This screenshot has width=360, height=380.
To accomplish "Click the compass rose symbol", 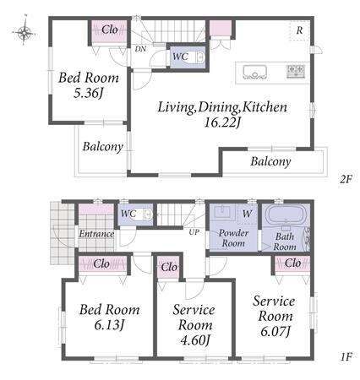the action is pyautogui.click(x=25, y=32).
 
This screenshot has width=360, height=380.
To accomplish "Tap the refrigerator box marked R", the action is pyautogui.click(x=299, y=30).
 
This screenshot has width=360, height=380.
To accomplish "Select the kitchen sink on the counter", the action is pyautogui.click(x=254, y=73).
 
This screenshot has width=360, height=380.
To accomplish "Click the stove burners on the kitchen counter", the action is pyautogui.click(x=296, y=71).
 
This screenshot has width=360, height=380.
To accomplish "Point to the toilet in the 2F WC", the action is pyautogui.click(x=199, y=57).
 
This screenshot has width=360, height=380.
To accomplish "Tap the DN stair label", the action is pyautogui.click(x=140, y=49).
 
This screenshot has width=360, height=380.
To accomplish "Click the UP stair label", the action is pyautogui.click(x=194, y=232).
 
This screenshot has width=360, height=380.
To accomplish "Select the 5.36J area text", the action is pyautogui.click(x=88, y=93).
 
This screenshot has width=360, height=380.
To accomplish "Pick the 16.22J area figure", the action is pyautogui.click(x=222, y=122).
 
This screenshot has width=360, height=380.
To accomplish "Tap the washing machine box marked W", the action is pyautogui.click(x=247, y=214).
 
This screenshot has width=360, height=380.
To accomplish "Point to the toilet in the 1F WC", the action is pyautogui.click(x=147, y=214).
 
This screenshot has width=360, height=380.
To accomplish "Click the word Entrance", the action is pyautogui.click(x=96, y=234).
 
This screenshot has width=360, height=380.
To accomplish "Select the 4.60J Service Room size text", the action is pyautogui.click(x=194, y=340).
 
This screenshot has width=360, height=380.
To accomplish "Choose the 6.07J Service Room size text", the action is pyautogui.click(x=275, y=331).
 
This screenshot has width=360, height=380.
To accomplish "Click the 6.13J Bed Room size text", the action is pyautogui.click(x=109, y=325).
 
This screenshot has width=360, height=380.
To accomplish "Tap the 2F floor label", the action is pyautogui.click(x=346, y=179).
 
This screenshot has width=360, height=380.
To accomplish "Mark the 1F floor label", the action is pyautogui.click(x=346, y=357).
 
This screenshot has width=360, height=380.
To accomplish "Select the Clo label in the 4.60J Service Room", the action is pyautogui.click(x=169, y=267).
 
